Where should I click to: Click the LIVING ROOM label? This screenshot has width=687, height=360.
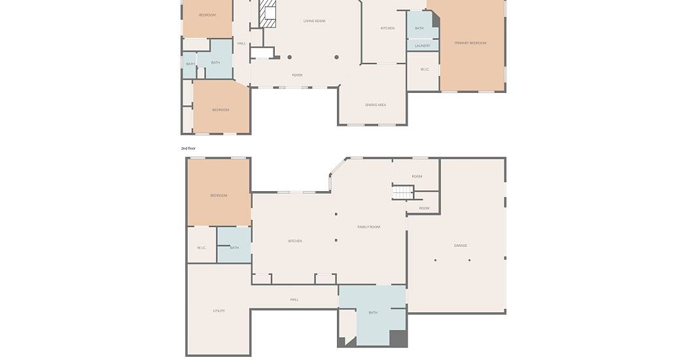[x=314, y=21]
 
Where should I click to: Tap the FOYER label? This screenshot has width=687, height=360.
[x=297, y=75]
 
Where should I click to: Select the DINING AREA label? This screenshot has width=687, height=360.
[x=376, y=105]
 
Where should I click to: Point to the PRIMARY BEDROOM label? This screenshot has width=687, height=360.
[x=470, y=43]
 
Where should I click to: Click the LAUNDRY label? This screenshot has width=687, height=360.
[x=423, y=46]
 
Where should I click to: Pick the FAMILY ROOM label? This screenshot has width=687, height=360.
[x=368, y=227]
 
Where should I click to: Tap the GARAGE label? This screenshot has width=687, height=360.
[x=460, y=245]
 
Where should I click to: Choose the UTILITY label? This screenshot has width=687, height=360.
[x=219, y=311]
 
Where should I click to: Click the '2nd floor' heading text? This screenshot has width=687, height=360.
[x=188, y=149]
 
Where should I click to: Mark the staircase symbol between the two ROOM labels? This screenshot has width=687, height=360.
[x=403, y=192]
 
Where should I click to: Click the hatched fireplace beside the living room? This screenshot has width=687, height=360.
[x=267, y=14]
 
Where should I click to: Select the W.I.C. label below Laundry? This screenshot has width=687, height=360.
[x=425, y=69]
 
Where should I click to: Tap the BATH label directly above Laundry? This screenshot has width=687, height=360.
[x=419, y=28]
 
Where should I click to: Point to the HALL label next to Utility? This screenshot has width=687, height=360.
[x=294, y=300]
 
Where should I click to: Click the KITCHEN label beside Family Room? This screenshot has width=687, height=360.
[x=295, y=241]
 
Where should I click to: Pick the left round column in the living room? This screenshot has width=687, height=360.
[x=290, y=58]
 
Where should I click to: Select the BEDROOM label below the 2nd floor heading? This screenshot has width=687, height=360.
[x=219, y=196]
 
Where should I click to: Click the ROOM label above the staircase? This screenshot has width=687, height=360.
[x=417, y=176]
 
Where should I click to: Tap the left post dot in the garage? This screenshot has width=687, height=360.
[x=435, y=261]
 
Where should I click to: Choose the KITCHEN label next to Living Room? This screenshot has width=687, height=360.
[x=387, y=28]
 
